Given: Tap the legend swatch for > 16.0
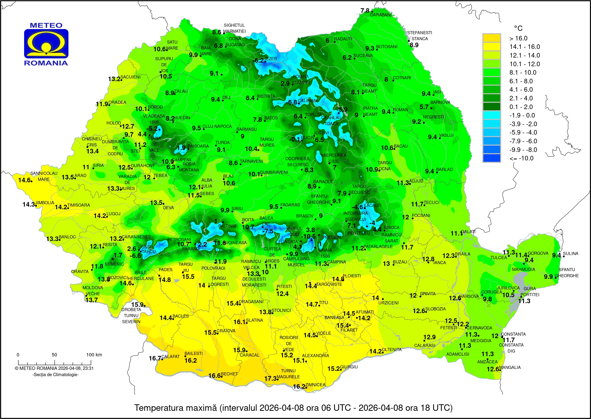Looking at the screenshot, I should (x=492, y=38).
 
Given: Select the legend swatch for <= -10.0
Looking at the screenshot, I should (x=492, y=158).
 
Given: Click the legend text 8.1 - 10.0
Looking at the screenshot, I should (x=523, y=72).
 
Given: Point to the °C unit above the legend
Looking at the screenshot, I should (x=518, y=28).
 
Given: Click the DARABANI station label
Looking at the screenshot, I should (x=381, y=15).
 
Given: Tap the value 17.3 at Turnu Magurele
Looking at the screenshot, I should (x=270, y=379).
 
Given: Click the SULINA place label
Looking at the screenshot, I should (x=570, y=253).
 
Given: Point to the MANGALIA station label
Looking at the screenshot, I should (x=510, y=367).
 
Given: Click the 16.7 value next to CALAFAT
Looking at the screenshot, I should (x=155, y=358).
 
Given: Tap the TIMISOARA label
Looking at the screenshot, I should (x=79, y=205).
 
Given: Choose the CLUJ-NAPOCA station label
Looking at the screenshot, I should (x=217, y=126).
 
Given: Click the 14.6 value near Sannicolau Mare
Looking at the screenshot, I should (x=24, y=180).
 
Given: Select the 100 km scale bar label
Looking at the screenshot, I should (x=94, y=355).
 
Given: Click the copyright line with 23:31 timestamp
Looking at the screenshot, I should (x=54, y=368).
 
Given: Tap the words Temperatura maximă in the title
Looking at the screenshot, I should (x=175, y=408).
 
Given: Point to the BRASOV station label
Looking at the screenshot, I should (x=305, y=216).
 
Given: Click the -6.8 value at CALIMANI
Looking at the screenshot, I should (x=291, y=102).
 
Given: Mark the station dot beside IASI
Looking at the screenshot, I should (x=434, y=95).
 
